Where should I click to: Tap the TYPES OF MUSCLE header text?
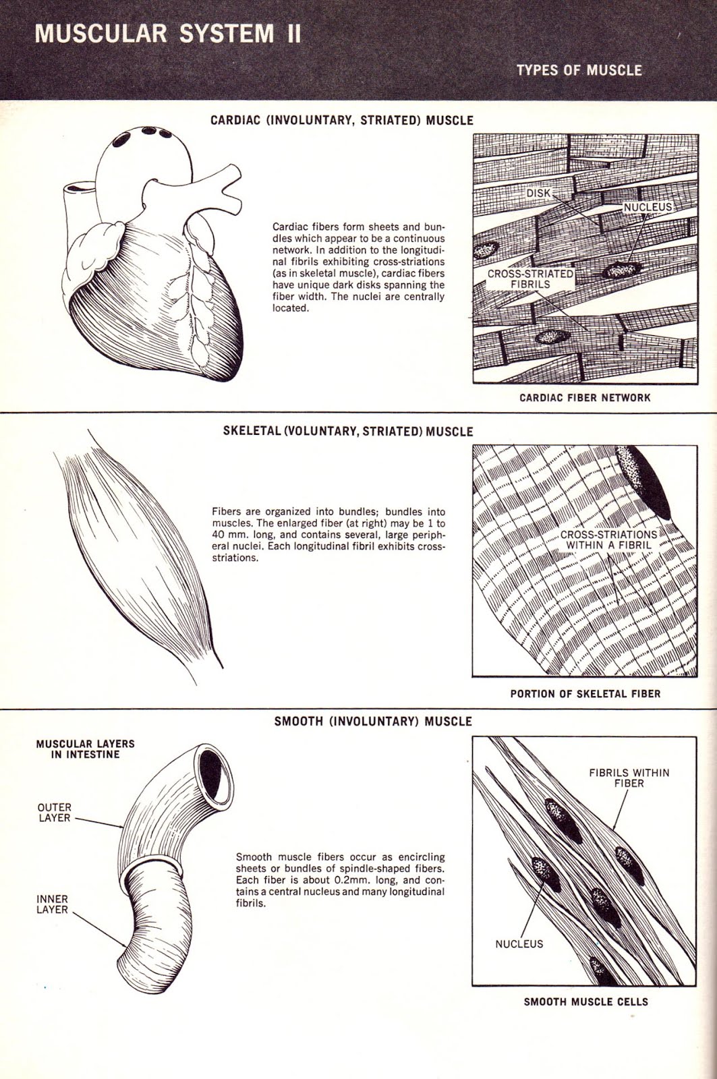(x=578, y=70)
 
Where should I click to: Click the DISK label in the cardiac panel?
(x=538, y=194)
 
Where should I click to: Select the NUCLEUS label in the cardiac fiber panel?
(x=648, y=207)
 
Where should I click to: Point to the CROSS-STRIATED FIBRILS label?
(x=530, y=279)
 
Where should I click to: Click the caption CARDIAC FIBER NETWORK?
(x=584, y=398)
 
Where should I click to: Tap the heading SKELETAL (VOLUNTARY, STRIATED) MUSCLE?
(x=347, y=432)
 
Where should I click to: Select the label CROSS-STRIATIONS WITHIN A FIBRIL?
(x=608, y=539)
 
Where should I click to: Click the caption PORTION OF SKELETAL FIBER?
(x=585, y=693)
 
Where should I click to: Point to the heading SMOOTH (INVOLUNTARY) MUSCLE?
(x=373, y=722)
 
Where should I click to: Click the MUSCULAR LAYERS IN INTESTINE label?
(x=85, y=749)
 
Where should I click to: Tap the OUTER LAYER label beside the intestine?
(x=55, y=813)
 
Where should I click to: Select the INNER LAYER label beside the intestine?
(x=53, y=904)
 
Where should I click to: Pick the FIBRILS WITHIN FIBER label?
(x=629, y=778)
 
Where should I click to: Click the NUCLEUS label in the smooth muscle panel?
(x=519, y=944)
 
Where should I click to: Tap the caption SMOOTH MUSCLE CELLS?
(x=585, y=1002)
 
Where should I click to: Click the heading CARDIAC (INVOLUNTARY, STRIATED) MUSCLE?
(x=341, y=121)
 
